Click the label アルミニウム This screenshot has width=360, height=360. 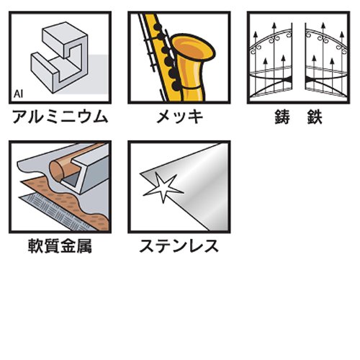click(60, 117)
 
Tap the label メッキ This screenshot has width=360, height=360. click(179, 117)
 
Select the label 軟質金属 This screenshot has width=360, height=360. click(60, 246)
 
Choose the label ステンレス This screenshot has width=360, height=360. click(179, 246)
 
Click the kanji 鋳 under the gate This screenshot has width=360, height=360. click(282, 117)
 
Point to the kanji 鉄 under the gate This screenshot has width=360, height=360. click(314, 117)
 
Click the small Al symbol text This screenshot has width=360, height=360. click(18, 94)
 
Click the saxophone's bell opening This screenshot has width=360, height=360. click(193, 48)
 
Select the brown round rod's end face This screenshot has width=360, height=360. click(57, 171)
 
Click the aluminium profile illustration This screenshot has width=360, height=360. click(60, 58)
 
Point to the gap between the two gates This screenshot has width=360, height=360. click(299, 60)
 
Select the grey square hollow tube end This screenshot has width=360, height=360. click(72, 177)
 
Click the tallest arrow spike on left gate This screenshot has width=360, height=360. click(274, 58)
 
